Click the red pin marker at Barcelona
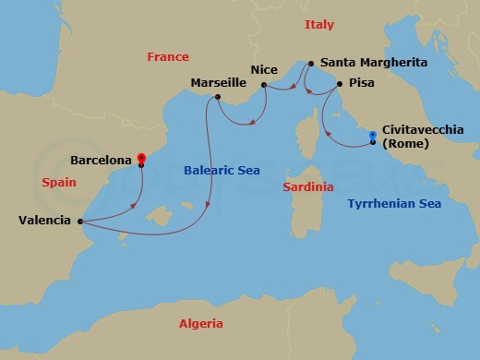click(x=140, y=158)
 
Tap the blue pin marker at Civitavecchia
click(x=372, y=137)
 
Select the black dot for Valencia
click(x=80, y=221)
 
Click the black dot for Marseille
click(x=217, y=97)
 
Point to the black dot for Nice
click(x=264, y=85)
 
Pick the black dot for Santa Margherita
click(x=310, y=64)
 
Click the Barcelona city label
click(x=100, y=160)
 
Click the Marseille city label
click(x=218, y=82)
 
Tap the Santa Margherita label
click(x=375, y=63)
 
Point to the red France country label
click(x=168, y=57)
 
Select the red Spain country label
click(x=58, y=183)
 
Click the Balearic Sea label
click(x=222, y=171)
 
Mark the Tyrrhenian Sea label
click(x=394, y=203)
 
